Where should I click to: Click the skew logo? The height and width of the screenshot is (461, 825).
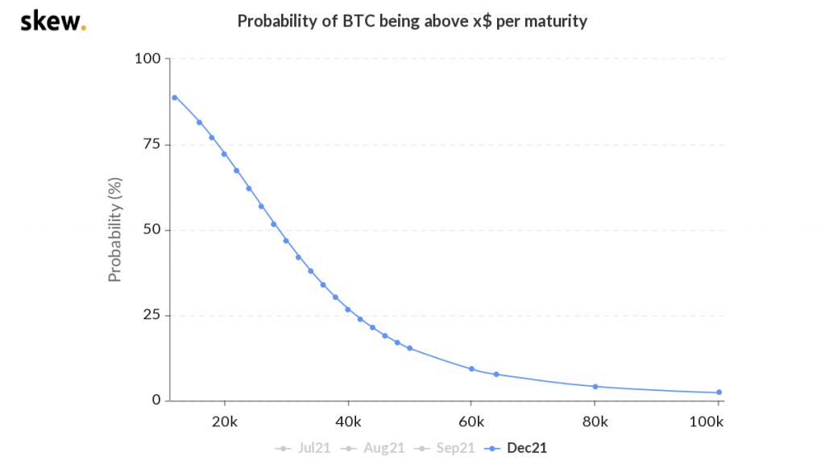pyautogui.click(x=52, y=22)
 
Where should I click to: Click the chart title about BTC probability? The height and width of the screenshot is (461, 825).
pyautogui.click(x=412, y=22)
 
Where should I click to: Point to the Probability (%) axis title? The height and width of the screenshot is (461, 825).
pyautogui.click(x=114, y=230)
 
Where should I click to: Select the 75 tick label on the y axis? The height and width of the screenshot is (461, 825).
pyautogui.click(x=152, y=144)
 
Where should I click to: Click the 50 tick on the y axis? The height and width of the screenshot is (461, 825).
pyautogui.click(x=152, y=230)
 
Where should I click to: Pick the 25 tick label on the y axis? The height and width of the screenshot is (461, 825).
pyautogui.click(x=152, y=315)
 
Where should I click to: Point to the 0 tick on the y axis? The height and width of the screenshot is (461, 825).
pyautogui.click(x=156, y=401)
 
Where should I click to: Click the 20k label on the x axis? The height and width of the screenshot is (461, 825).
pyautogui.click(x=225, y=422)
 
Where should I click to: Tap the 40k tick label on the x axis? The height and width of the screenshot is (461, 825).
pyautogui.click(x=348, y=422)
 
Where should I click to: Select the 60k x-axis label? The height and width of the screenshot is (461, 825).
pyautogui.click(x=471, y=422)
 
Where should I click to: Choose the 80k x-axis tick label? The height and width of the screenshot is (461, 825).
pyautogui.click(x=595, y=422)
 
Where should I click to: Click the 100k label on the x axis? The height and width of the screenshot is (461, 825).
pyautogui.click(x=708, y=422)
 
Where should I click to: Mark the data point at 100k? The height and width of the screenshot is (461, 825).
pyautogui.click(x=719, y=392)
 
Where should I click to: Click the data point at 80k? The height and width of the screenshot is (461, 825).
pyautogui.click(x=595, y=386)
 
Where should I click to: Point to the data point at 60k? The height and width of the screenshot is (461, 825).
pyautogui.click(x=471, y=369)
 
